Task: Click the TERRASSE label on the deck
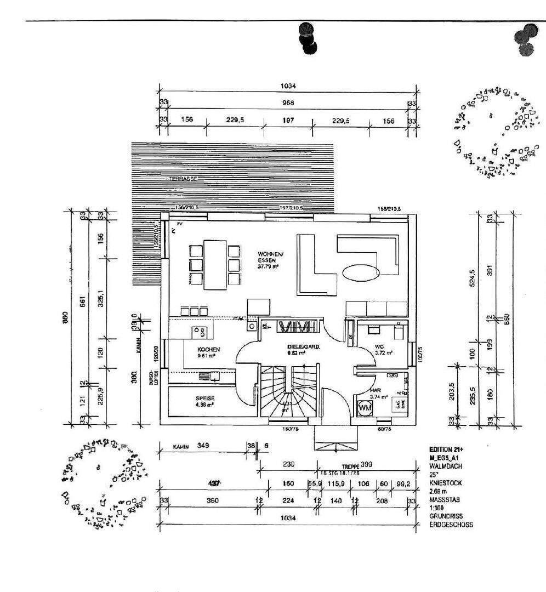(182, 179)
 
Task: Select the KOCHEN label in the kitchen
(209, 349)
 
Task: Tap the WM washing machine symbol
(365, 408)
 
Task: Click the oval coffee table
(360, 271)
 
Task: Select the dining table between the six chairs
(215, 264)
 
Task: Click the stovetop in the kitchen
(200, 331)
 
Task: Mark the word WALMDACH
(443, 466)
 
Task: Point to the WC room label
(379, 346)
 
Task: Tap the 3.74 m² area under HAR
(379, 397)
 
